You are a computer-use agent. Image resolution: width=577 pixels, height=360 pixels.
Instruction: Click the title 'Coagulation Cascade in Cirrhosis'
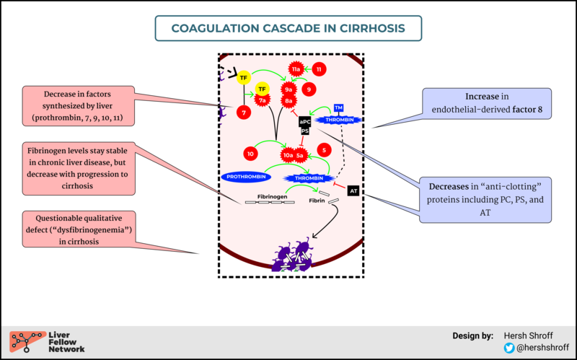[x=288, y=29]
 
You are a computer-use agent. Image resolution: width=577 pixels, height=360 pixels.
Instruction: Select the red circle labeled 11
[x=319, y=69]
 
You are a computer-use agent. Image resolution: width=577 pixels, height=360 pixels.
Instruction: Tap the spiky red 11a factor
[x=295, y=69]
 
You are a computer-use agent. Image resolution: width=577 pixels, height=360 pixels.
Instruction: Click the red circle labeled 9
[x=309, y=89]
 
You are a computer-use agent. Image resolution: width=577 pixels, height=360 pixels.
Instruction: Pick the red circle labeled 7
[x=245, y=113]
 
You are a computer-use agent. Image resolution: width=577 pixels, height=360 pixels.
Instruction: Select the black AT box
[x=353, y=190]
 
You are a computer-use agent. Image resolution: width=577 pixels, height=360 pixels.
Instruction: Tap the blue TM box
[x=338, y=107]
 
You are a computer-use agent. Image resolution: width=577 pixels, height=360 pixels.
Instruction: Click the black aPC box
[x=305, y=122]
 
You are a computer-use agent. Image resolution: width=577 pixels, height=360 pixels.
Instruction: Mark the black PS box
[x=305, y=131]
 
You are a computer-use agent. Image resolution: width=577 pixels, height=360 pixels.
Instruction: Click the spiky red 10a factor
[x=288, y=154]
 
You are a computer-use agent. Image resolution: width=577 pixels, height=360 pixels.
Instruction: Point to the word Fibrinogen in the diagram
[x=272, y=196]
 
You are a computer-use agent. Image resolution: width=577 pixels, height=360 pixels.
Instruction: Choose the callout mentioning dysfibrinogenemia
[x=81, y=229]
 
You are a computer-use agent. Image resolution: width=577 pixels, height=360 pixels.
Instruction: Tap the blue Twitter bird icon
[x=510, y=348]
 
